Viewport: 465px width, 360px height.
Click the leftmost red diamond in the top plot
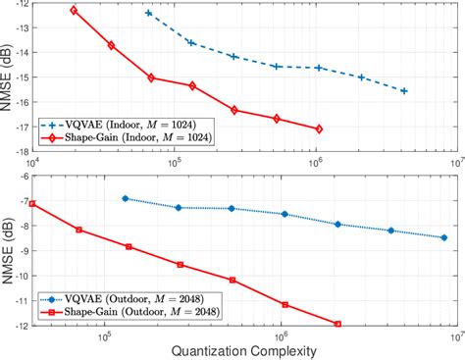pos(74,11)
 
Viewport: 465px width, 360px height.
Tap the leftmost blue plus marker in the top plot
pos(148,13)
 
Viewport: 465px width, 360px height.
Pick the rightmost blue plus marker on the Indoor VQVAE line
pos(404,90)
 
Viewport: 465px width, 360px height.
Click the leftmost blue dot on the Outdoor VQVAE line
pos(125,198)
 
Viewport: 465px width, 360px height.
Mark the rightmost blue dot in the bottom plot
pos(443,237)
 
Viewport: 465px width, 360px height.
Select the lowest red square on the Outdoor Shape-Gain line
pos(337,324)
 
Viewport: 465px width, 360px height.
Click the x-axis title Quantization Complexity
pos(242,349)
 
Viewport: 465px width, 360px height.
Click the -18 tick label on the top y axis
pos(19,151)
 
